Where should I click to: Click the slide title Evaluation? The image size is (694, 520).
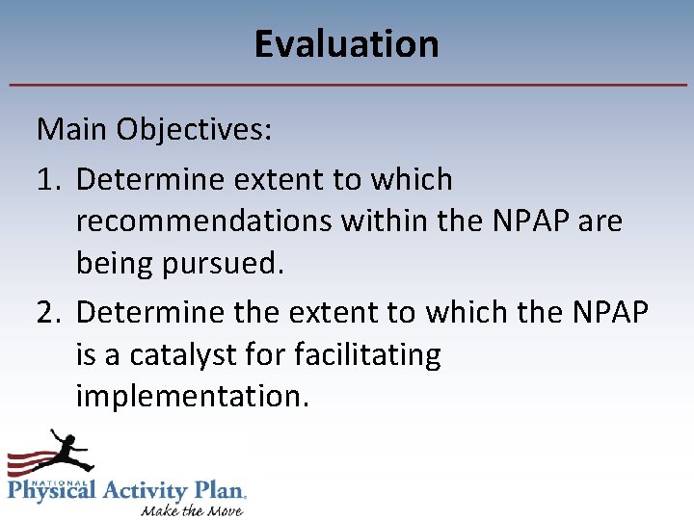[x=346, y=44]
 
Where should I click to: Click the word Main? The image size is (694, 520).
[x=73, y=128]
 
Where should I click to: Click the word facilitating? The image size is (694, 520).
[x=373, y=354]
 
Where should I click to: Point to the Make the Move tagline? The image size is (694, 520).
[x=191, y=508]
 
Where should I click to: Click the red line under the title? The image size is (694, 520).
[x=347, y=86]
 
